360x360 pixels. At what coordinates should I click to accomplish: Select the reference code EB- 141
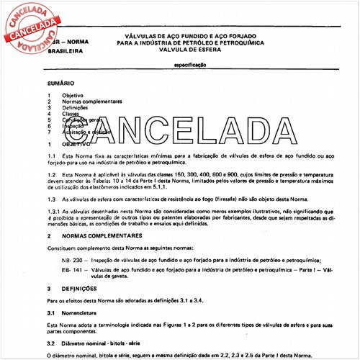71,270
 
